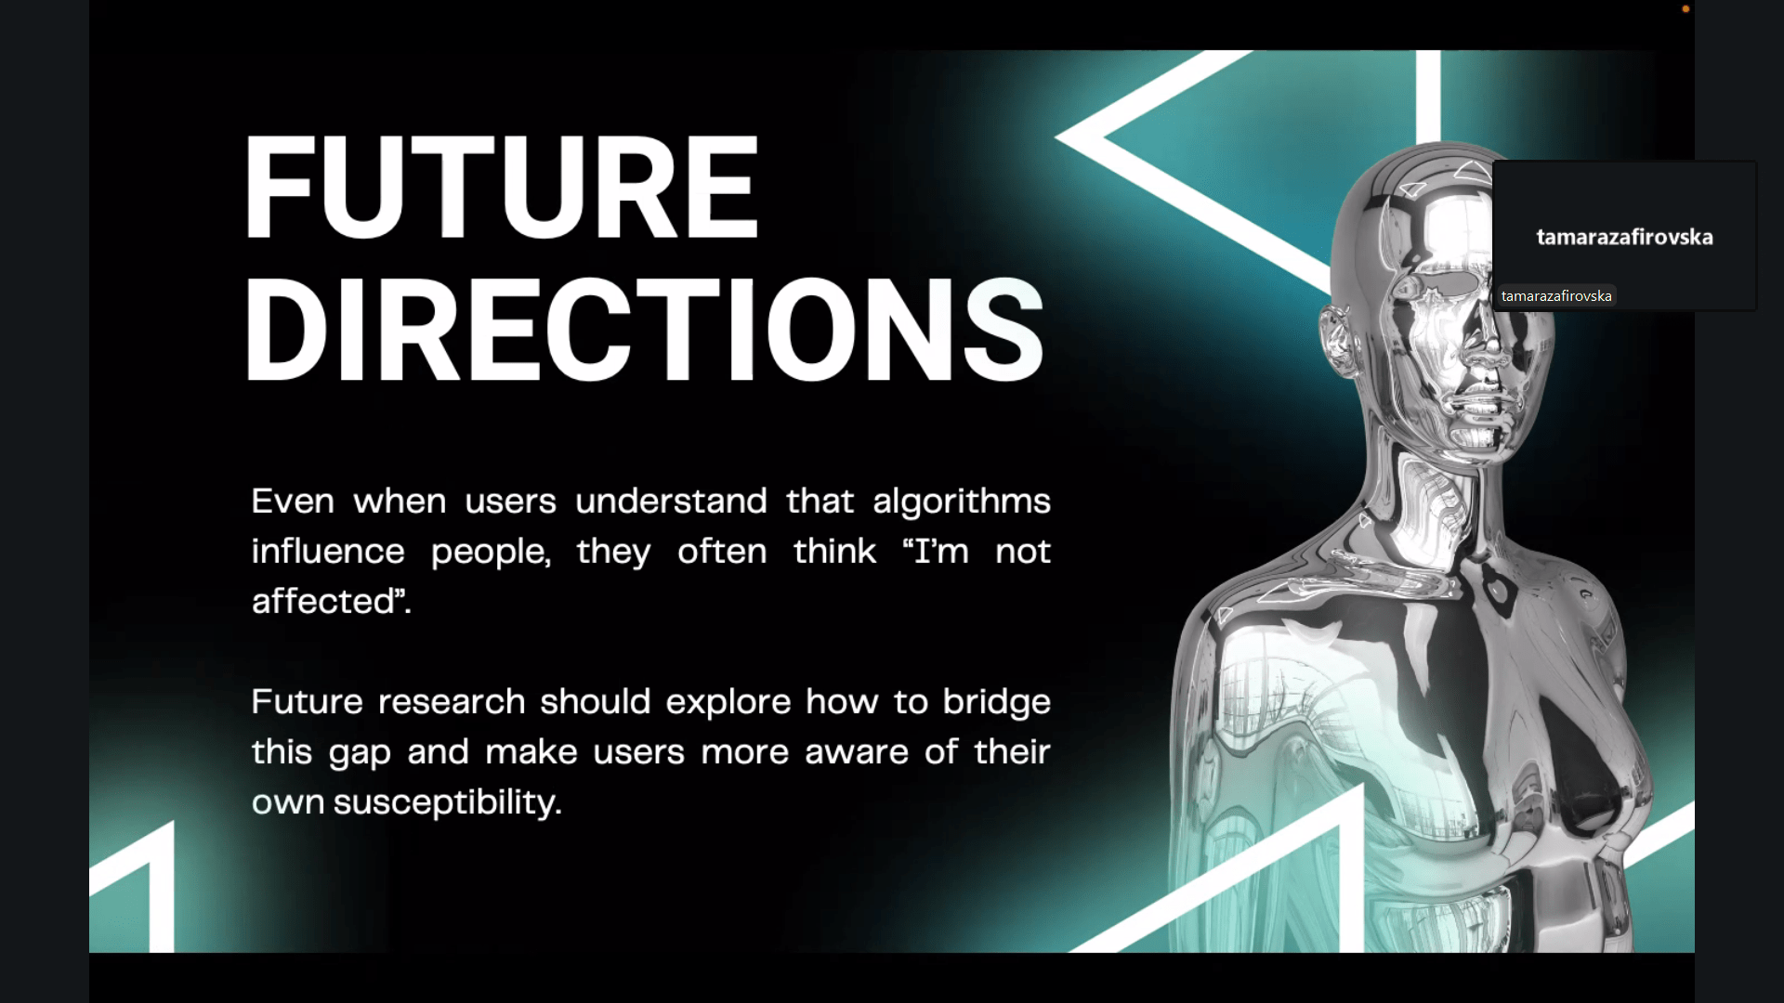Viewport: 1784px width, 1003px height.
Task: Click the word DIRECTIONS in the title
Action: (644, 330)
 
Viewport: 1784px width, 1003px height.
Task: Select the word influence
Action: (328, 552)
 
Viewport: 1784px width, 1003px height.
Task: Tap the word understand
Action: (671, 501)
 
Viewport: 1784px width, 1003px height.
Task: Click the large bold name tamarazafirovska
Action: (1624, 237)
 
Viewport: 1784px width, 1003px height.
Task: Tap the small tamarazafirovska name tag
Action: (1556, 296)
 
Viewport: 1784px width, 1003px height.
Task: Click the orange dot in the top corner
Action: (1686, 9)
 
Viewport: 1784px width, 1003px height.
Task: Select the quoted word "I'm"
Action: (936, 552)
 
